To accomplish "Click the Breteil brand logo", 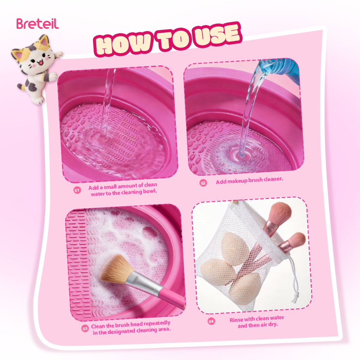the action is coord(37,24).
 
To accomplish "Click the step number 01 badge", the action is coord(77,190).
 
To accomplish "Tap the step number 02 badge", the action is coord(203,183).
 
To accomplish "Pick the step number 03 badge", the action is coord(85,329).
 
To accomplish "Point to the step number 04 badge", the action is coord(211,321).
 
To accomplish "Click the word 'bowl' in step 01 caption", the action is coord(150,191).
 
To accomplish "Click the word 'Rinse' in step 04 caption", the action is coord(236,320).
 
